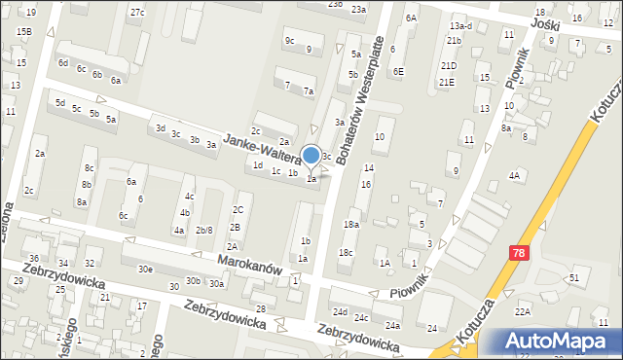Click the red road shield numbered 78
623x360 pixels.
click(519, 252)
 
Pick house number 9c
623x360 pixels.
click(289, 40)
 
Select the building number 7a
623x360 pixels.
click(308, 90)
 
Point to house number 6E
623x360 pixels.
click(398, 71)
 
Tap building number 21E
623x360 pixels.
click(447, 82)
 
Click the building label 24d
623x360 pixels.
click(340, 312)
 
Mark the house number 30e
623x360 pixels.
click(145, 269)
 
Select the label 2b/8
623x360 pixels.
click(204, 230)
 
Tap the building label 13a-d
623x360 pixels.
click(461, 25)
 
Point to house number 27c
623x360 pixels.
click(137, 12)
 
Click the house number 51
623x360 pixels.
click(574, 278)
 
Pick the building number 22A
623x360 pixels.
click(523, 310)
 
